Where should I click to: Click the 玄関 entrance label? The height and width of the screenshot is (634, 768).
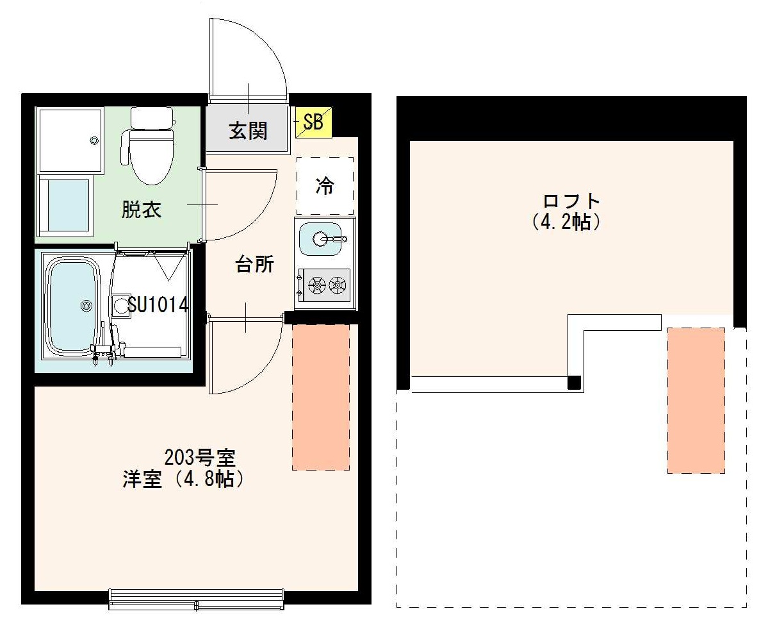249,131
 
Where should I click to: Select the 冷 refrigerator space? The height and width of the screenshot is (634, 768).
325,186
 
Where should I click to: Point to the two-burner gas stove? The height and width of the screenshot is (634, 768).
325,285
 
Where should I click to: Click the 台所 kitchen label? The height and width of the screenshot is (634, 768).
255,264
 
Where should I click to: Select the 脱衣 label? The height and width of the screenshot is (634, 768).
142,210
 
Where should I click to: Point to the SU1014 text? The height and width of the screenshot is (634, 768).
158,304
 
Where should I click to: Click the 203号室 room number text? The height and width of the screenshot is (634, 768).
200,458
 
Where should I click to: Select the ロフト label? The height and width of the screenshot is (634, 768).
571,201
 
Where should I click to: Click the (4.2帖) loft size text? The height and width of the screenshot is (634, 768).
566,222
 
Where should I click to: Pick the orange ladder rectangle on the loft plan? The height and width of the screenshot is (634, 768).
696,401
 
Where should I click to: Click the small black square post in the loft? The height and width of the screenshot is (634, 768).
575,383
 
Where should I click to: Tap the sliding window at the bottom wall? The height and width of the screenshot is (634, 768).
197,600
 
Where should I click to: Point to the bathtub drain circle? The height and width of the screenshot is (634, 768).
86,306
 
